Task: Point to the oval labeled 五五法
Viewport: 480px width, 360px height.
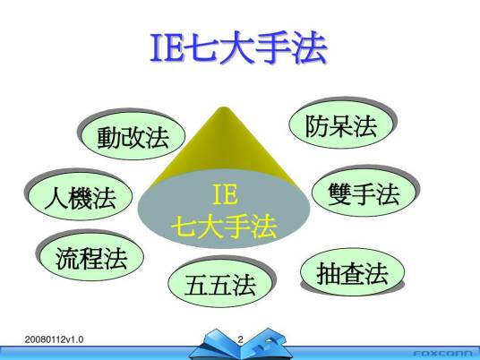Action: click(x=219, y=285)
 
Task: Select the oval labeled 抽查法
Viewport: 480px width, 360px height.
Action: click(x=353, y=273)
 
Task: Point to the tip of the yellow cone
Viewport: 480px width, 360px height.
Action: click(x=222, y=109)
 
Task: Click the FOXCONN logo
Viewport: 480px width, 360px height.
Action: click(x=442, y=352)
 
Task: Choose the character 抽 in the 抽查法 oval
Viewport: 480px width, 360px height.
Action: click(x=330, y=273)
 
